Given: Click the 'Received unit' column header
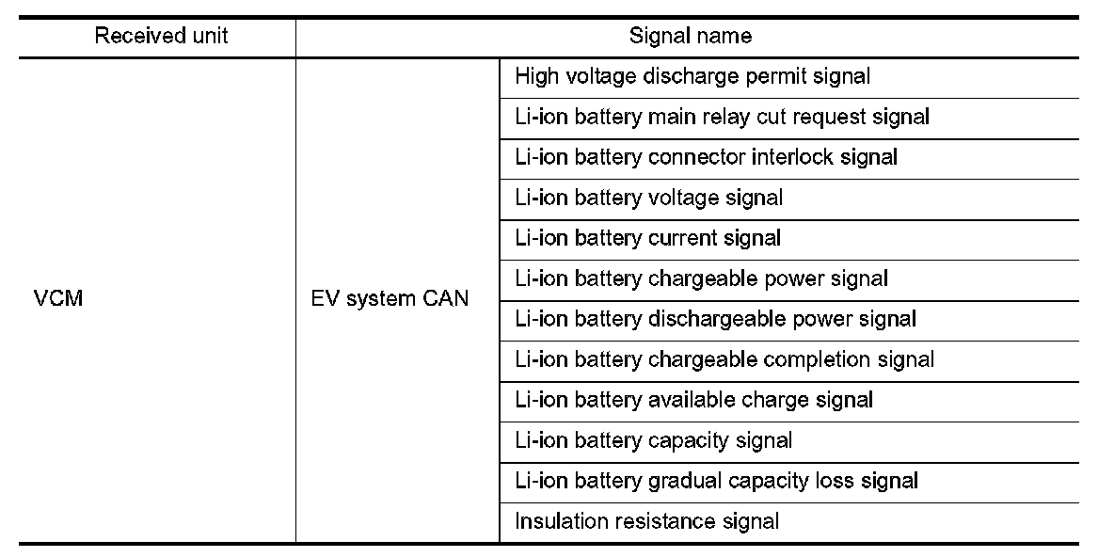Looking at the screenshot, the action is point(161,37).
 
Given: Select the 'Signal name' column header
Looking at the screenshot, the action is point(691,37).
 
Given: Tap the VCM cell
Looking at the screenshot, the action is point(58,300).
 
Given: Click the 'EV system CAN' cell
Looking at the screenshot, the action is point(390,300).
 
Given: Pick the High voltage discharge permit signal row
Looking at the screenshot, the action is point(692,76).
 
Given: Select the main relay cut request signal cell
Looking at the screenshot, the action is point(722,117).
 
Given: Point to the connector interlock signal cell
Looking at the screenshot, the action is point(706,157).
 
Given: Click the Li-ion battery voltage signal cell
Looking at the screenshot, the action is point(648,198).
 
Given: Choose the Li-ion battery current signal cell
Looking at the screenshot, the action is point(647,238).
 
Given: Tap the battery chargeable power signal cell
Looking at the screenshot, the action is point(701,278).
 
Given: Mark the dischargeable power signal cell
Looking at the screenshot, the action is point(715,319).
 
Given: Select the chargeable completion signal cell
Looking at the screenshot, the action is point(724,359).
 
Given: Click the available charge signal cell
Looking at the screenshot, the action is point(693,400).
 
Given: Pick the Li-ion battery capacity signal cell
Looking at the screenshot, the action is point(653,440).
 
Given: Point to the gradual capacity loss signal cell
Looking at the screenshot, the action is point(716,481).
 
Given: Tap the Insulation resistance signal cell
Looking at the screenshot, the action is point(646,521).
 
